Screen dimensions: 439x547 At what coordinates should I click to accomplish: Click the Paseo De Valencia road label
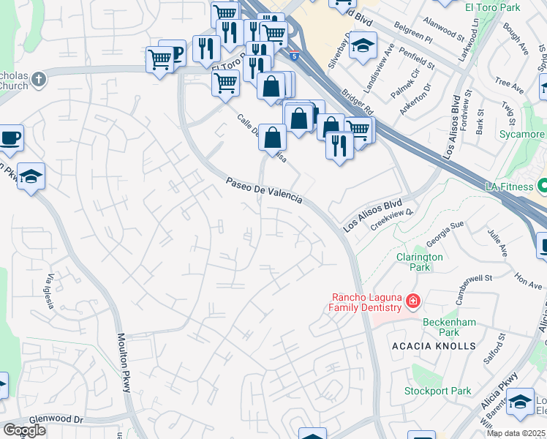[263, 190]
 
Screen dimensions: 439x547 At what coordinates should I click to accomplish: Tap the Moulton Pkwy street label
[123, 363]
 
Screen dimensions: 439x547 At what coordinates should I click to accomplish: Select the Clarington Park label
[419, 262]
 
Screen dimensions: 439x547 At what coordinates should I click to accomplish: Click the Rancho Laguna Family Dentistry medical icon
[412, 301]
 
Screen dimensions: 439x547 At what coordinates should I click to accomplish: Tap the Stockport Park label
[438, 391]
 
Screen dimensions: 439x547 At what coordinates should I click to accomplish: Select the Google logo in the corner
[24, 430]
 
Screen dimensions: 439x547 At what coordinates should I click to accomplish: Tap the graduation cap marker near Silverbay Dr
[362, 46]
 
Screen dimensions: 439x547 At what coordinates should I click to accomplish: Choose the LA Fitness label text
[510, 187]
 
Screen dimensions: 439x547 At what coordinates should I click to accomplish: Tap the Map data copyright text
[516, 433]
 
